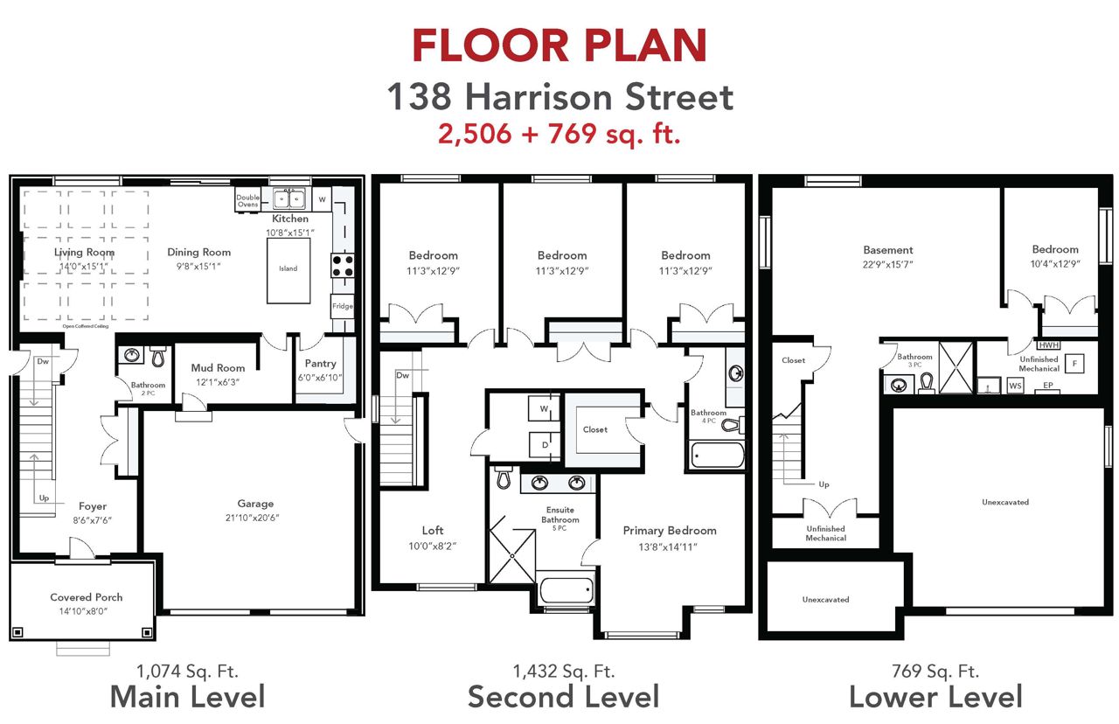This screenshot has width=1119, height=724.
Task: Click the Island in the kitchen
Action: coord(288,270)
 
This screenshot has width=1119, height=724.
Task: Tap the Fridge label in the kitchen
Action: coord(343,306)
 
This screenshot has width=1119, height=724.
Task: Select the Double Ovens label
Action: coord(247,201)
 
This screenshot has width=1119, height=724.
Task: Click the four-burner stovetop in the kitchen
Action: coord(343,265)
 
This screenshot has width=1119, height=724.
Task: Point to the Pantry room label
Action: coord(320,363)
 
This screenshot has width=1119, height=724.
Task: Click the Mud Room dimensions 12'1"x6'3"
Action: coord(218,382)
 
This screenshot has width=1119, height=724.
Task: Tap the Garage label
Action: coord(255,504)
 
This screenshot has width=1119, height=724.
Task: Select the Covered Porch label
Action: coord(86,597)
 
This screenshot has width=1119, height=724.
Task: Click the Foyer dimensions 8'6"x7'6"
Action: coord(93,520)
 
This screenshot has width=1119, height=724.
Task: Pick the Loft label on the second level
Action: coord(433,530)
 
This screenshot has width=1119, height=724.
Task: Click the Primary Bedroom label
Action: coord(670,531)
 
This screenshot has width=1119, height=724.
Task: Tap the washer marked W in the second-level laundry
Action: coord(545,408)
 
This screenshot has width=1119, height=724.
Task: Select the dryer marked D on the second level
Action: coord(545,445)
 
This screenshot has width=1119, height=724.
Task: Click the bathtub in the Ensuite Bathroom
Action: coord(566,591)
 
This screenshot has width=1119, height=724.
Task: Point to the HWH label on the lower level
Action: coord(1048,345)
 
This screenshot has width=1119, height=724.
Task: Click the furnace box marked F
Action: coord(1074,363)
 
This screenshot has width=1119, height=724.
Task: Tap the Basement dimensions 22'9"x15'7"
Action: coord(887,264)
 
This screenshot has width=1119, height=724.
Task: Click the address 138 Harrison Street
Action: coord(560,97)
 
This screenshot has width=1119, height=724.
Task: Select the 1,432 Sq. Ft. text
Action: coord(564,672)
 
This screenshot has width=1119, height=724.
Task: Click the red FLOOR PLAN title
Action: coord(559,45)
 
